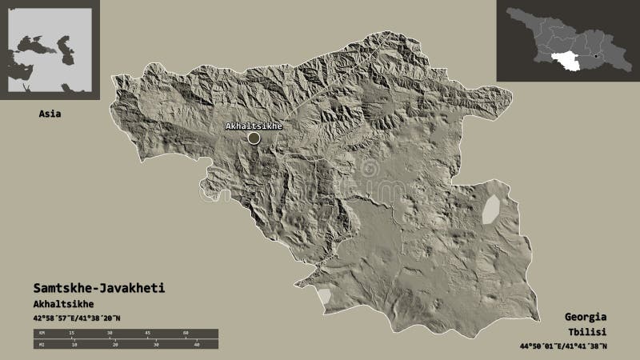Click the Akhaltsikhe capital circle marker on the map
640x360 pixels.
pyautogui.click(x=254, y=138)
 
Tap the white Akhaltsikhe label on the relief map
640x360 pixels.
pyautogui.click(x=254, y=126)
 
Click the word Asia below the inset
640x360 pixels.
pyautogui.click(x=50, y=114)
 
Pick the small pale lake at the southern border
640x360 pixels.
pyautogui.click(x=324, y=298)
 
